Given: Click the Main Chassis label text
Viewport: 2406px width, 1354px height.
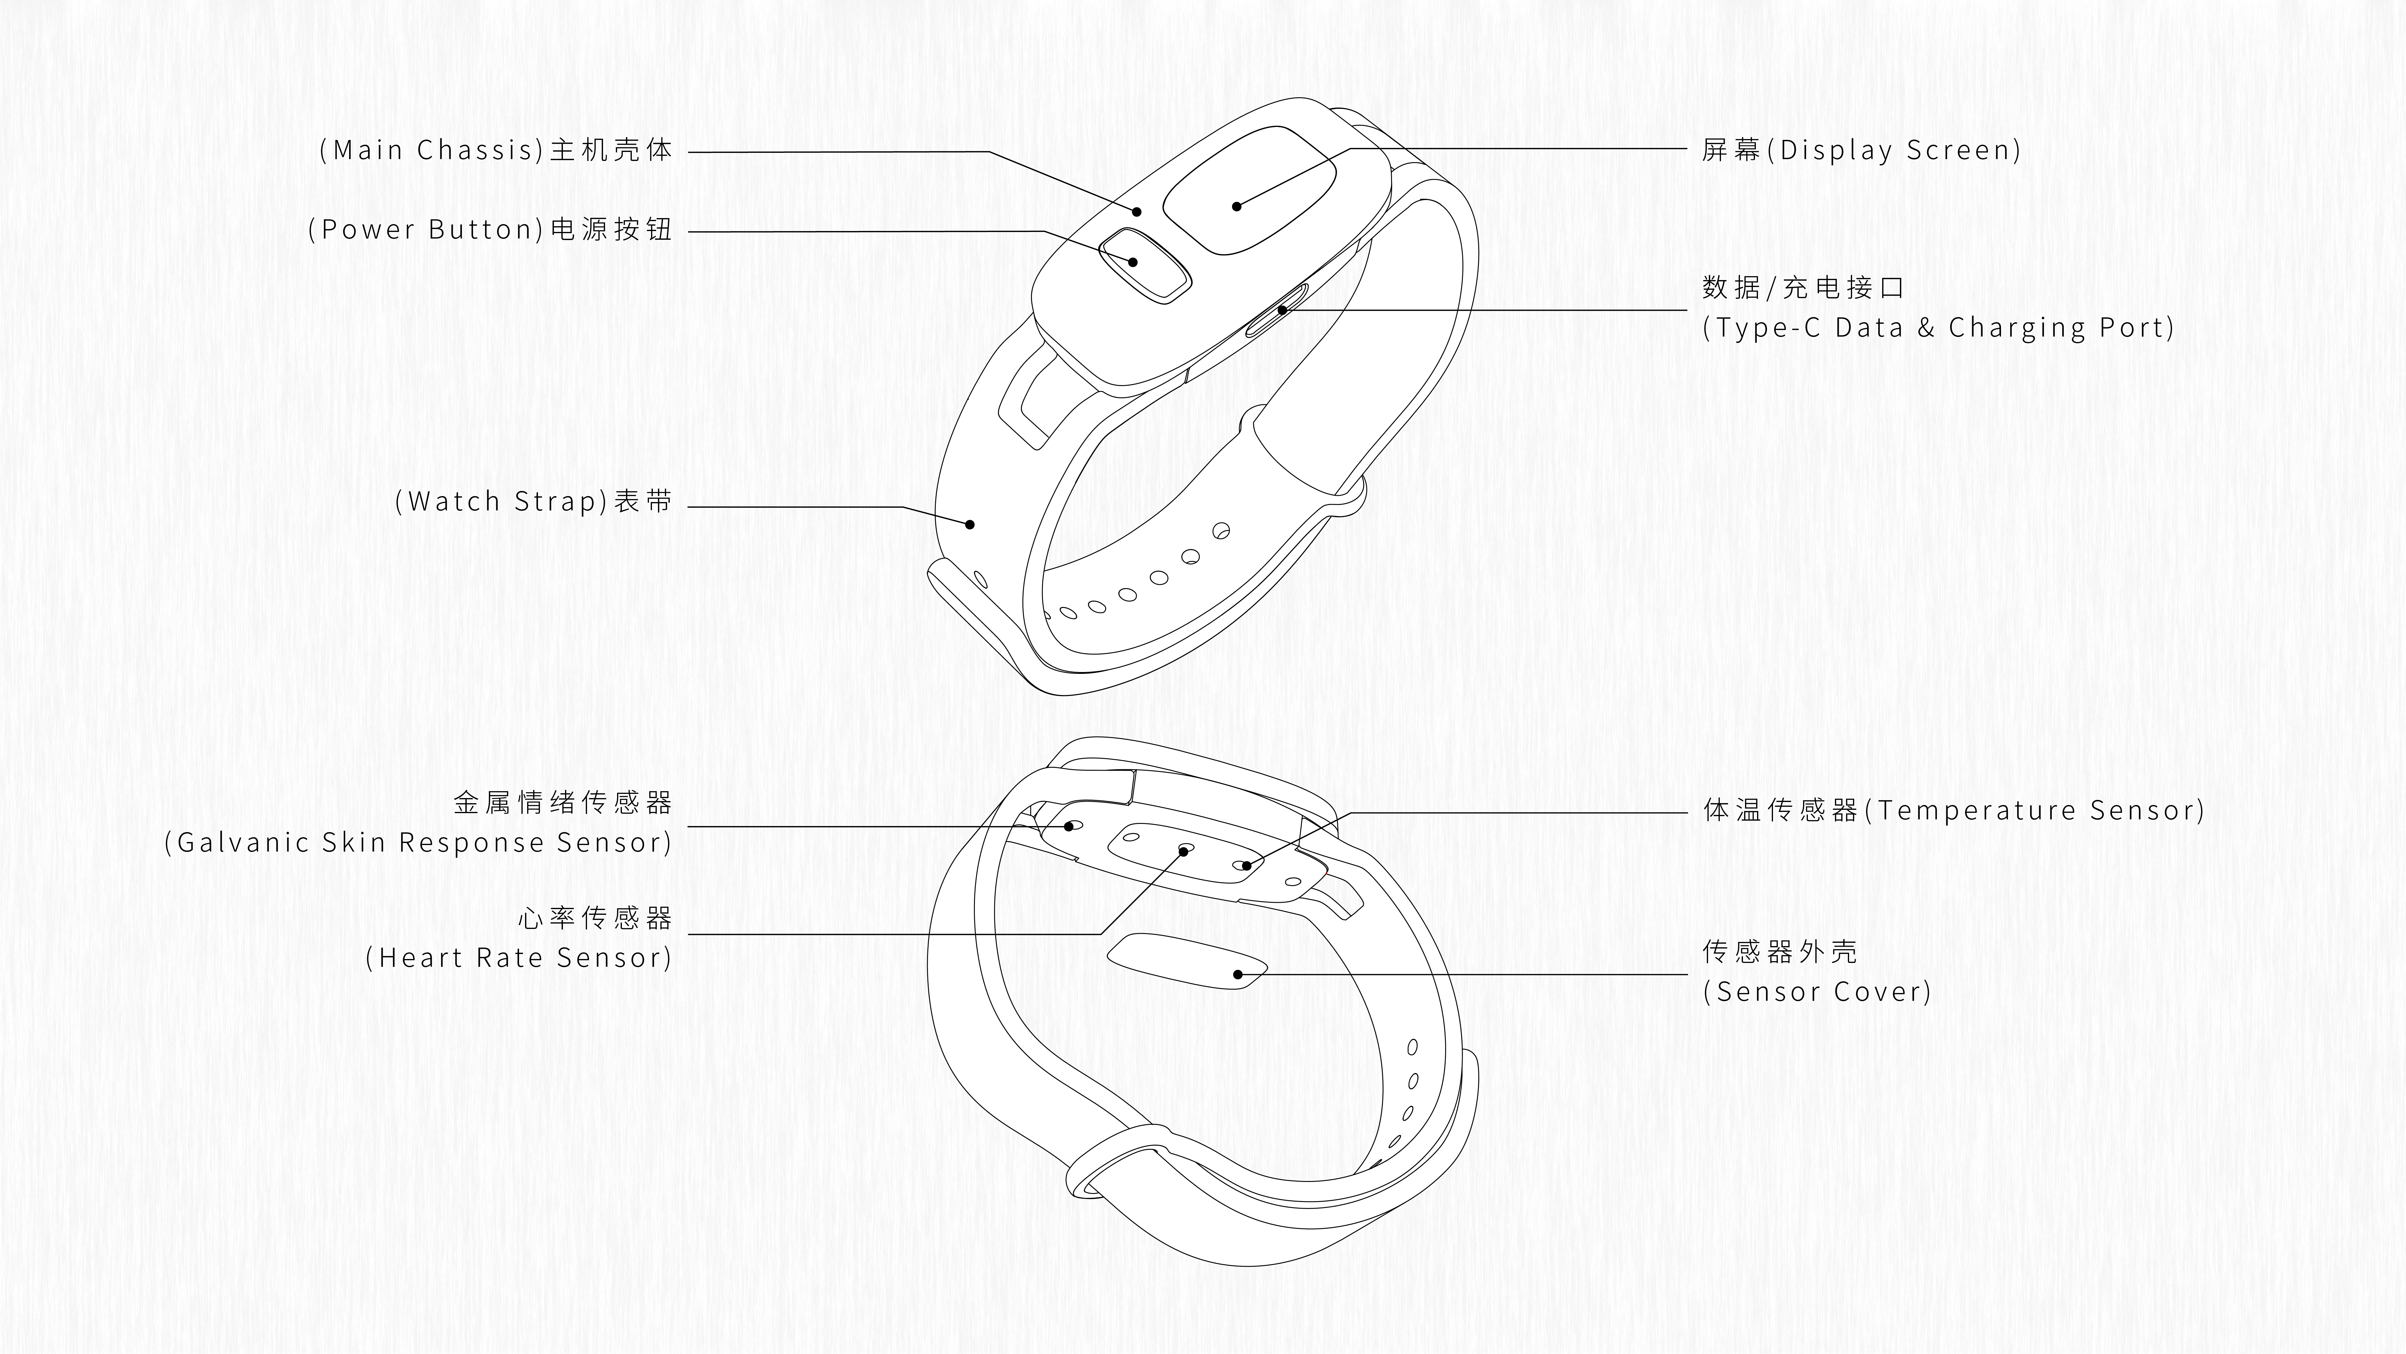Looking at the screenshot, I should click(495, 150).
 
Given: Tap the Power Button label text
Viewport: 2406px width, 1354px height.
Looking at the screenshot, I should click(490, 230).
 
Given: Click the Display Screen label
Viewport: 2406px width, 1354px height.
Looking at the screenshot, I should click(1861, 150).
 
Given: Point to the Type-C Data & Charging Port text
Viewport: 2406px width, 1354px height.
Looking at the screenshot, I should click(1938, 328).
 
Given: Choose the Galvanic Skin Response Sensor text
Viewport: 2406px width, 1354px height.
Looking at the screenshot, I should click(418, 843).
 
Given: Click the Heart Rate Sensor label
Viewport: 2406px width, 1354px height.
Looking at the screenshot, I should click(518, 958).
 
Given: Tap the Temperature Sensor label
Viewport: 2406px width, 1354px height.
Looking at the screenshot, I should click(1954, 810).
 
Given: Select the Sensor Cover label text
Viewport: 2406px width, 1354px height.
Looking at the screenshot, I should click(1817, 992).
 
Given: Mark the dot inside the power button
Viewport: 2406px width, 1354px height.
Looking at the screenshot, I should click(1133, 262).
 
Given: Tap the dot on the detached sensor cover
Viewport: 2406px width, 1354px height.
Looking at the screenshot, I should click(1237, 975).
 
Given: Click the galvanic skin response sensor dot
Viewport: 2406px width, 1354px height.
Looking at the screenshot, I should click(1069, 826).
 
